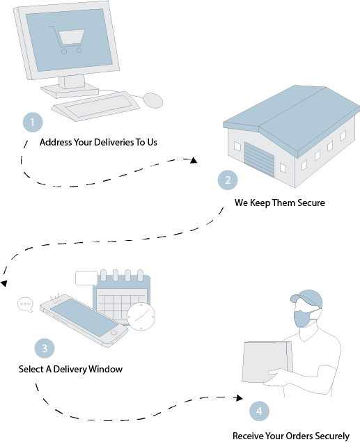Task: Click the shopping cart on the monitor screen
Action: [68, 40]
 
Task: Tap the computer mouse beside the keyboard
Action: [152, 100]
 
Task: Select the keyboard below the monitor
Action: [95, 106]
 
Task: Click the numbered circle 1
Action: [33, 123]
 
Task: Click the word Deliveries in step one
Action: [114, 142]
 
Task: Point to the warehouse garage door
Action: [259, 159]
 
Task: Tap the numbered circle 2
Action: [228, 180]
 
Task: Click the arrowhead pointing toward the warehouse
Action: [194, 160]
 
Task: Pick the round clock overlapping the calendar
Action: [141, 317]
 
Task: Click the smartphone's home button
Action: [114, 333]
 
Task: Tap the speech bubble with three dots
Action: [25, 304]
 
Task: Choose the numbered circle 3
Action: [45, 349]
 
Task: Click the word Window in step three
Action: [105, 369]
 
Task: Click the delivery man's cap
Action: [307, 298]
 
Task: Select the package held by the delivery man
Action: [267, 362]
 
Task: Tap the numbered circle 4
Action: [259, 411]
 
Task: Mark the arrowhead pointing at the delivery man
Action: [240, 397]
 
